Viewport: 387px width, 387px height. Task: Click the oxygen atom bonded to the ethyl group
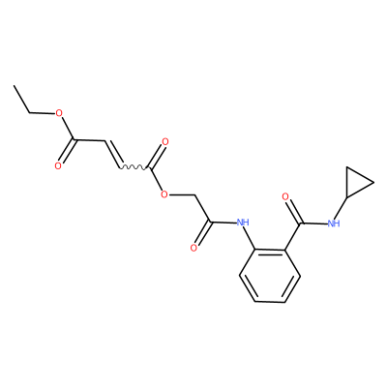(x=59, y=113)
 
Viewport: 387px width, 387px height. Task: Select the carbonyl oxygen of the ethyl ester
(x=58, y=166)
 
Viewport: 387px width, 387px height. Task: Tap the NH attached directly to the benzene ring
(x=243, y=223)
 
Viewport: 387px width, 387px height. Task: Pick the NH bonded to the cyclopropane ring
(x=334, y=223)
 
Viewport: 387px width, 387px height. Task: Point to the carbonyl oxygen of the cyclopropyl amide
(x=285, y=196)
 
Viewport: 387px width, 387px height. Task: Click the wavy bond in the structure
(x=134, y=167)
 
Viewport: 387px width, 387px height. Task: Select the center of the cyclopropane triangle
(x=356, y=182)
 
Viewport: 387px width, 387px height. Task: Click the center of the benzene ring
(x=270, y=276)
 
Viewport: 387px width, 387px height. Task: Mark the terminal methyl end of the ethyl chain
(x=15, y=86)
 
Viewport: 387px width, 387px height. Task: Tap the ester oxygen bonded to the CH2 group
(x=164, y=194)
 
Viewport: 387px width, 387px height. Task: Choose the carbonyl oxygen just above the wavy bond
(x=165, y=142)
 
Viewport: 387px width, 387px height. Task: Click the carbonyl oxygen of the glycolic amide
(x=193, y=248)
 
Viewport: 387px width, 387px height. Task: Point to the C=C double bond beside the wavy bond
(x=112, y=154)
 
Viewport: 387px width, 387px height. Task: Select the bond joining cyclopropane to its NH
(x=341, y=208)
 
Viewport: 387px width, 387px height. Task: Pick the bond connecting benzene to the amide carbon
(x=293, y=236)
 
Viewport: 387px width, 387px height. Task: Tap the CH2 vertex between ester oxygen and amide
(x=195, y=195)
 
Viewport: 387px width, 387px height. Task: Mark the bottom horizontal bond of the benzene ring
(x=270, y=302)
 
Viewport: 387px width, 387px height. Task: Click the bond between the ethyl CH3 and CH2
(x=22, y=100)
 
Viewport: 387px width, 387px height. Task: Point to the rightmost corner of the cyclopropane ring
(x=373, y=183)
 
